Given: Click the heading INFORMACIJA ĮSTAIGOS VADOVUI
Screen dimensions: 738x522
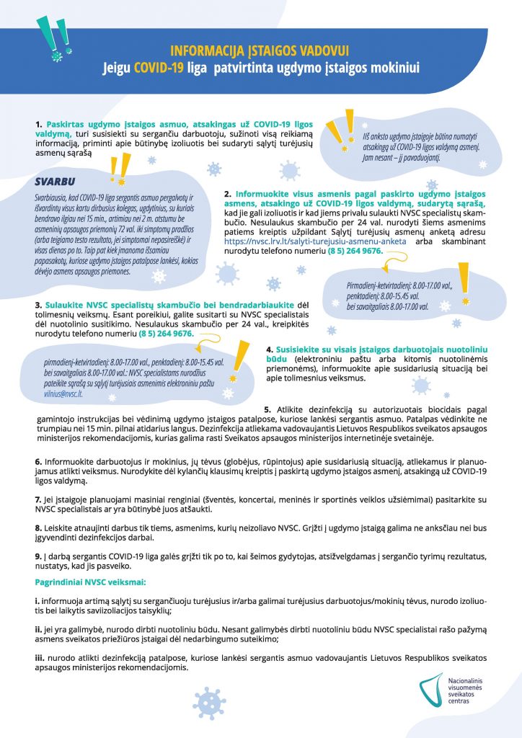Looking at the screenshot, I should pos(260,51).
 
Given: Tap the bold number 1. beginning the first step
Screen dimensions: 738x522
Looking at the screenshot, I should pos(38,124).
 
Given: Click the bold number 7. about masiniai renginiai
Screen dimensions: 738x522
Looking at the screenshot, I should pos(38,499).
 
